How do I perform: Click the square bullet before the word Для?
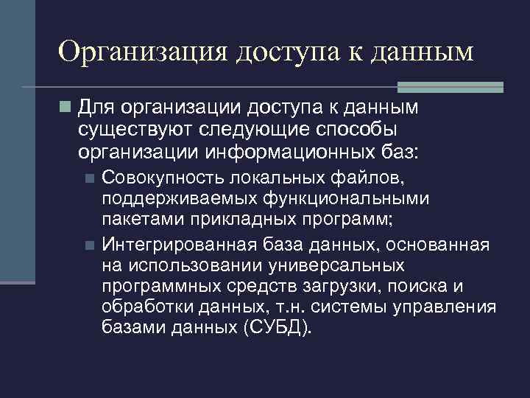tap(66, 108)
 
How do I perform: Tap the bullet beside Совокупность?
tap(89, 179)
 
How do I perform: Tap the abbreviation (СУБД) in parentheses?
tap(276, 327)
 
